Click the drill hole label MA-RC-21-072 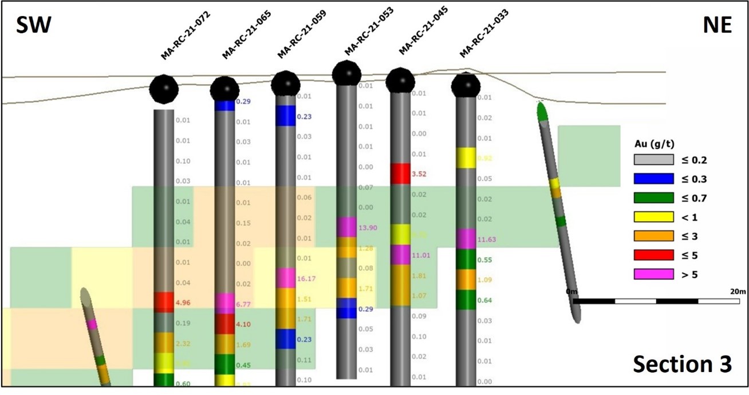186,36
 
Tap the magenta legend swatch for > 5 653,274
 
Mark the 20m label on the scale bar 738,291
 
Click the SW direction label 34,26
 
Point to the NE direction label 716,26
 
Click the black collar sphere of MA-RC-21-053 346,73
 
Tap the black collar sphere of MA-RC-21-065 224,89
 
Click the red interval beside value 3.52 400,173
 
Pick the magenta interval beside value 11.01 400,255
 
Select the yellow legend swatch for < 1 653,217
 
